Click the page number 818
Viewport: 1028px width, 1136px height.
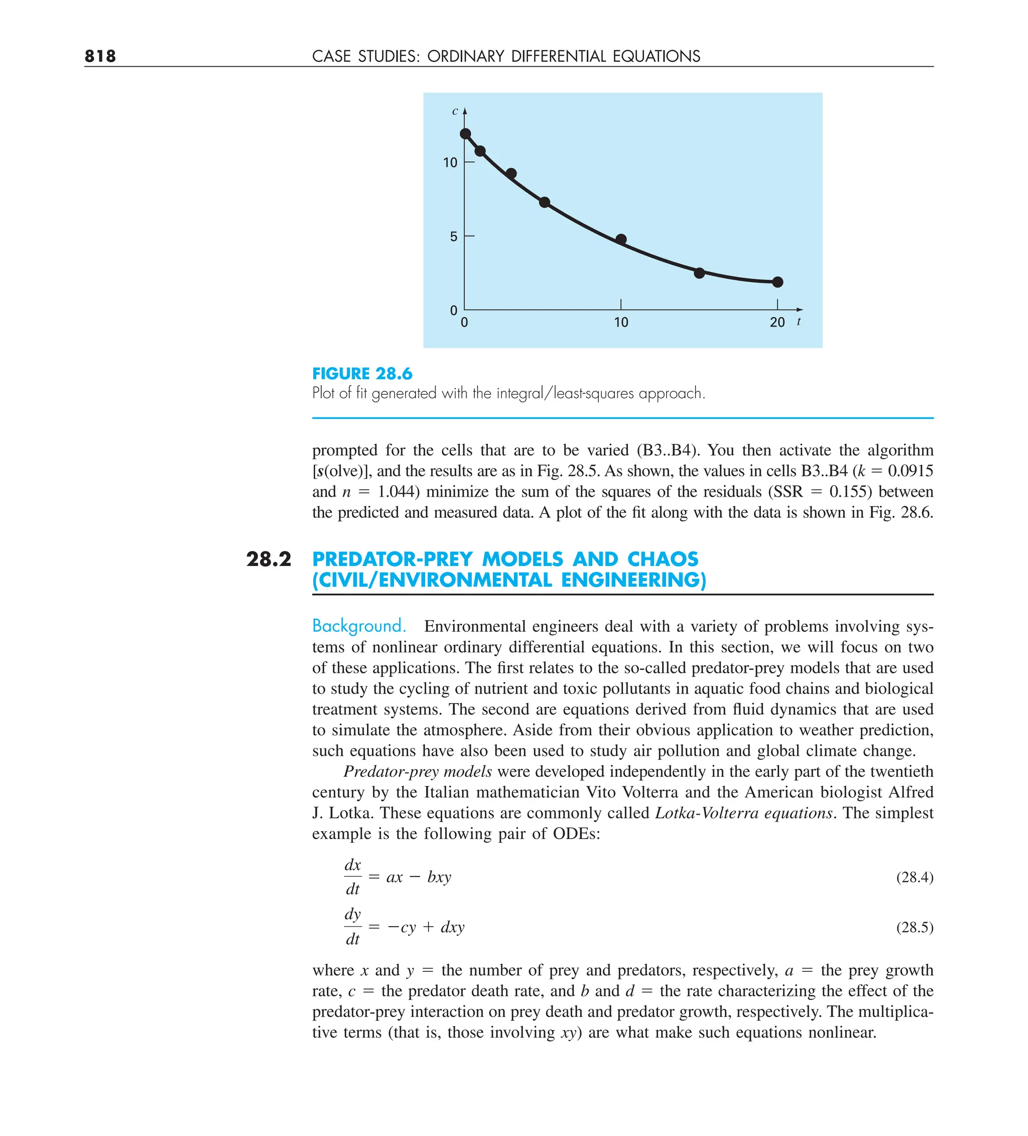pyautogui.click(x=100, y=56)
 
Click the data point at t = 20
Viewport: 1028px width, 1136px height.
pyautogui.click(x=777, y=282)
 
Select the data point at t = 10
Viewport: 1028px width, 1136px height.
pyautogui.click(x=621, y=240)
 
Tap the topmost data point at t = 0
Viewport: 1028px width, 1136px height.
pyautogui.click(x=465, y=134)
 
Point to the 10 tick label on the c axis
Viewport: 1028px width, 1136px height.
pyautogui.click(x=450, y=163)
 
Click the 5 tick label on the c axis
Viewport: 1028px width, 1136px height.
pyautogui.click(x=453, y=237)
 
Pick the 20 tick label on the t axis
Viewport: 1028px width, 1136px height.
pyautogui.click(x=777, y=322)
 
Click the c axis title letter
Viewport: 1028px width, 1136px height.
pyautogui.click(x=455, y=111)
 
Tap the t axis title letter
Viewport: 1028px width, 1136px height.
pyautogui.click(x=799, y=321)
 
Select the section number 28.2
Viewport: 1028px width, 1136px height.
pyautogui.click(x=269, y=559)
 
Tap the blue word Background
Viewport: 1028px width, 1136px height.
pyautogui.click(x=359, y=626)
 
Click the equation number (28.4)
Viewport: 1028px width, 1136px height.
pyautogui.click(x=914, y=877)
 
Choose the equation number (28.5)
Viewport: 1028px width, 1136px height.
pyautogui.click(x=914, y=927)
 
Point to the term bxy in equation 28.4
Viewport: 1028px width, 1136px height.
pyautogui.click(x=439, y=877)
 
